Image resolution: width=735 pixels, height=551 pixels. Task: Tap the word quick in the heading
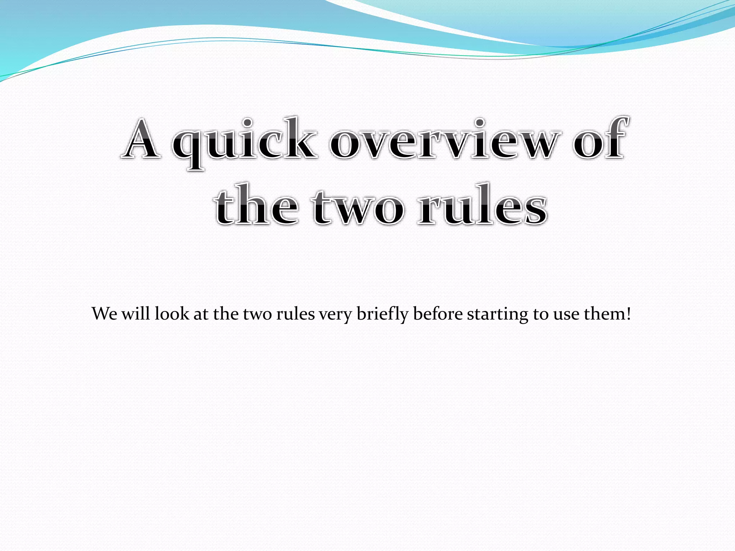(x=244, y=142)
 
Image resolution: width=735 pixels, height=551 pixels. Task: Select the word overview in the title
(x=445, y=140)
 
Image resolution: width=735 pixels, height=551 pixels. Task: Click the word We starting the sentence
(x=104, y=314)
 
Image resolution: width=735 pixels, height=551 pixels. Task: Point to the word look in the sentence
(x=172, y=313)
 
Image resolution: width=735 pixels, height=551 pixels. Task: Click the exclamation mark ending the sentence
(x=628, y=314)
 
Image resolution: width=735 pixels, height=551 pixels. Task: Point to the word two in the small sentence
(x=258, y=314)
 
